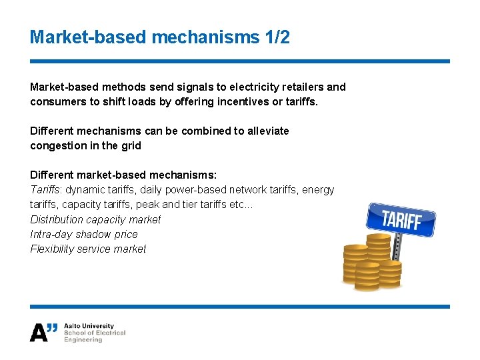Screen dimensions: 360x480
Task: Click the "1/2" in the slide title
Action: [275, 37]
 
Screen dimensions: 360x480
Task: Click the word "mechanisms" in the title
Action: [204, 37]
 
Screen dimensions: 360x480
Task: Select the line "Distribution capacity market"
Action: [95, 219]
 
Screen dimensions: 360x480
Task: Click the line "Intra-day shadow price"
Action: [84, 234]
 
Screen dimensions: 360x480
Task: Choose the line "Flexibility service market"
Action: [88, 249]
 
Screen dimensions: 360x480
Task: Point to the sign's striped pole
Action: [397, 247]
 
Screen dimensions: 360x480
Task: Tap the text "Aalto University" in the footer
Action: [89, 326]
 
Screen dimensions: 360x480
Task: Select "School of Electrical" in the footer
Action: [95, 333]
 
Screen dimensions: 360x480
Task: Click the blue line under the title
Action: [240, 61]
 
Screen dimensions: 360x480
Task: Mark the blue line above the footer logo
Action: [240, 307]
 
